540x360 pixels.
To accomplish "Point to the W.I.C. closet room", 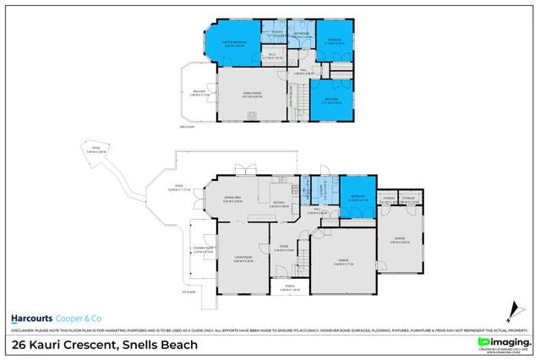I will click(272, 57).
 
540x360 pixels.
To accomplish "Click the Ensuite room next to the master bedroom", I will click(272, 35).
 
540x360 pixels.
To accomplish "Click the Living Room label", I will click(244, 259).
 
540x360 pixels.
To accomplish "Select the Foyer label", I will click(285, 250).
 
